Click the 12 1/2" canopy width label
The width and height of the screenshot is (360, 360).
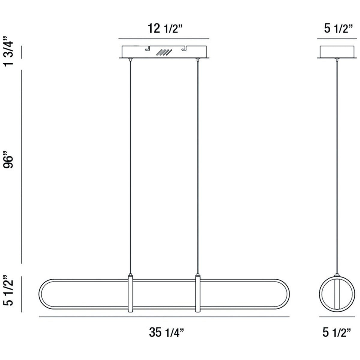(164, 29)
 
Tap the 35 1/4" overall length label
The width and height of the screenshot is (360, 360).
(166, 332)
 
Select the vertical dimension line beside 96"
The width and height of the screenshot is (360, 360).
(22, 166)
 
